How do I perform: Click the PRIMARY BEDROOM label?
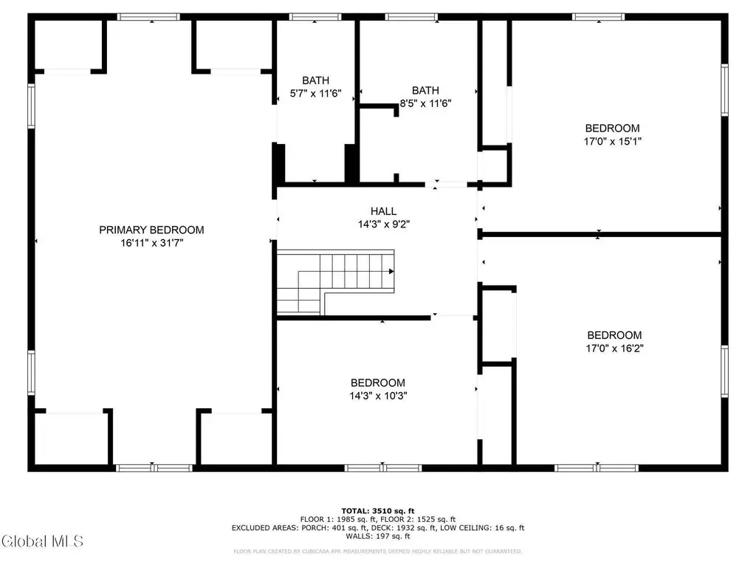[151, 230]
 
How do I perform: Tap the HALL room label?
[383, 211]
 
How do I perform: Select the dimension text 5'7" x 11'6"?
[315, 94]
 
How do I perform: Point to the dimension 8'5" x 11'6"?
[425, 103]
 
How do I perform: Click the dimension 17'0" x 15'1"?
[612, 141]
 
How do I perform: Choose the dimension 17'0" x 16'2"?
[614, 348]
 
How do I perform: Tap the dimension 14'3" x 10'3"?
[378, 396]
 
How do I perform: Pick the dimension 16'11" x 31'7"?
[151, 243]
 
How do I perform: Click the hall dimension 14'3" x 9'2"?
[383, 224]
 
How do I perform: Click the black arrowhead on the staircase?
[391, 272]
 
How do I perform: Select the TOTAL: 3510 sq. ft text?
[378, 511]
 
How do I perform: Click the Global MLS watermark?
[42, 541]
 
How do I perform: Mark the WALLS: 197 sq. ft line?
[378, 536]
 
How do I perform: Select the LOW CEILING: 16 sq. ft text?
[486, 528]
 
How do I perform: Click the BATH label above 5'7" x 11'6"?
[316, 80]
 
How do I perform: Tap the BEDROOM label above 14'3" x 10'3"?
[378, 383]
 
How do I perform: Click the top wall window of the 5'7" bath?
[315, 17]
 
